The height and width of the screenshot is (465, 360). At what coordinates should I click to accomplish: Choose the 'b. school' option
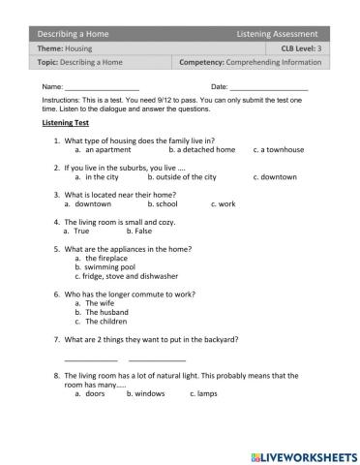click(163, 204)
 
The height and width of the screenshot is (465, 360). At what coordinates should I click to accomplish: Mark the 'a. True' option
click(76, 232)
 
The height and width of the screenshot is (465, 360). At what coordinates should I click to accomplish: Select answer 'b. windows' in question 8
click(146, 394)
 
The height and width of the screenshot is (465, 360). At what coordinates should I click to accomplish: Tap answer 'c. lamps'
click(205, 394)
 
